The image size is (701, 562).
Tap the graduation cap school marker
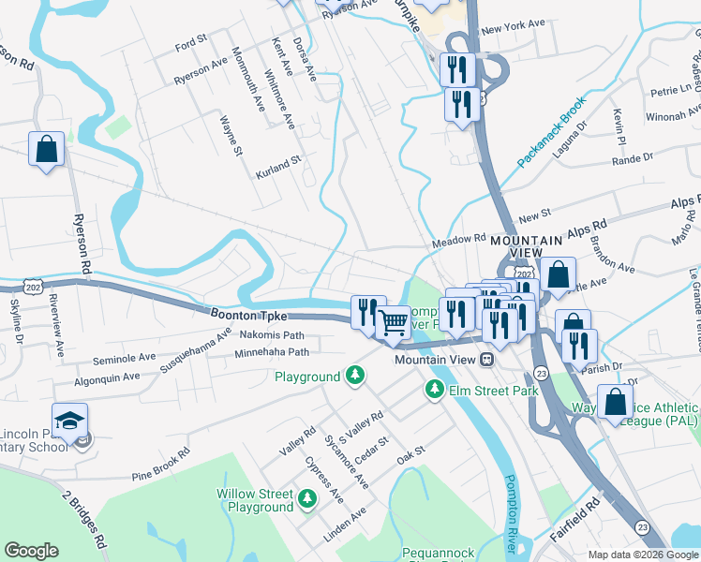(x=69, y=421)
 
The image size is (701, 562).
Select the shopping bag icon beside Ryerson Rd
(x=46, y=149)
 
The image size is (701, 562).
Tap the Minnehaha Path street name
(x=272, y=353)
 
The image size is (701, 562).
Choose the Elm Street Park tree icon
(x=435, y=389)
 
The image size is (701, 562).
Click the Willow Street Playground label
(x=255, y=500)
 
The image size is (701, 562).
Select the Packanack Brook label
(x=551, y=132)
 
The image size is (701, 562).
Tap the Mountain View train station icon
(x=486, y=360)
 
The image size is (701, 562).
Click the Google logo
(x=31, y=551)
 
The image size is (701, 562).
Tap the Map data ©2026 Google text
(x=643, y=555)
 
